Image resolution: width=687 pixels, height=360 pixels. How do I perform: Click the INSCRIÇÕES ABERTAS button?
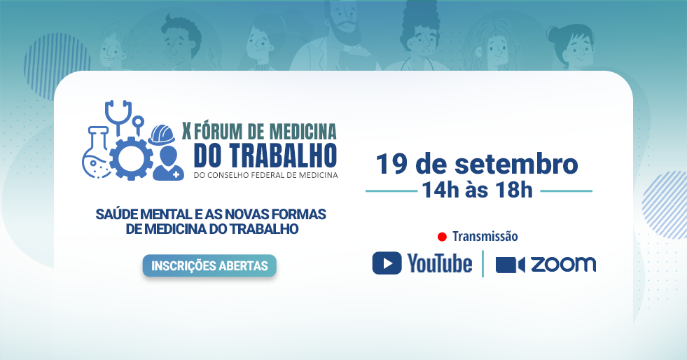[x=209, y=265]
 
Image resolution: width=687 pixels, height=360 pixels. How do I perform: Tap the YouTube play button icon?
[x=387, y=263]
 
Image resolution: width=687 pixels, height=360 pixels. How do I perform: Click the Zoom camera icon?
[x=510, y=265]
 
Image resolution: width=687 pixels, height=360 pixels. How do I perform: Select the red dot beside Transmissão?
[x=442, y=237]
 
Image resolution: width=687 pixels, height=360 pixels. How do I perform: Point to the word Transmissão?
[x=485, y=237]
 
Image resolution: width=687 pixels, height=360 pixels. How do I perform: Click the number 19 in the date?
[x=391, y=164]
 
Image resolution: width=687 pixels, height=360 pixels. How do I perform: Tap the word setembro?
[x=516, y=164]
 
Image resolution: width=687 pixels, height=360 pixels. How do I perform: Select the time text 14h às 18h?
[x=477, y=190]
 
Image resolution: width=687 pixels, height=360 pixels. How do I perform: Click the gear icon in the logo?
[x=131, y=158]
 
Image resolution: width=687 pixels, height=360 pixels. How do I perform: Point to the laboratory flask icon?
[x=97, y=153]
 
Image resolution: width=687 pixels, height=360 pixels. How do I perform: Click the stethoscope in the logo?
[x=118, y=115]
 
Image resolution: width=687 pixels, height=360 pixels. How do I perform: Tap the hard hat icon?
[x=162, y=135]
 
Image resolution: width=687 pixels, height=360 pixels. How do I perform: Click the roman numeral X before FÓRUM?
[x=187, y=131]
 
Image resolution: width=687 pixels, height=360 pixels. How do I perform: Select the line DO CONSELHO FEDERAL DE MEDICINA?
[x=266, y=175]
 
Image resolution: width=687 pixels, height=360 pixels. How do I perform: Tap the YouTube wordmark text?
[x=440, y=263]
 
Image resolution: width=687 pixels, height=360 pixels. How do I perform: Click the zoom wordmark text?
[x=564, y=265]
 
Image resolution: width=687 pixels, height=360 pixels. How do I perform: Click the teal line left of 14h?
[x=391, y=191]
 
